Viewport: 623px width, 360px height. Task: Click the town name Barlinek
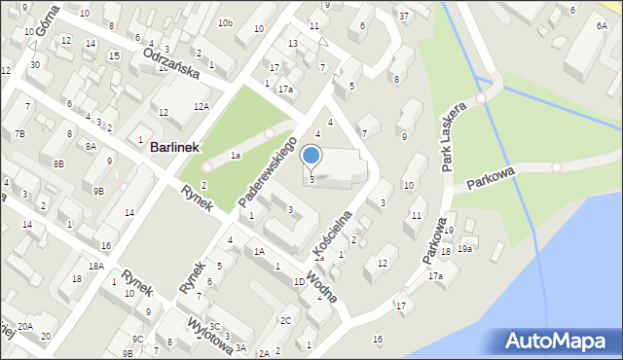[174, 148]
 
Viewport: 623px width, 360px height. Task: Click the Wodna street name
[321, 287]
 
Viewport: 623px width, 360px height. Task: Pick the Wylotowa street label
[208, 330]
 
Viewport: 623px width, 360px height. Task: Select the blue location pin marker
[311, 157]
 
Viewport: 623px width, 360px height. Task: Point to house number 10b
[226, 22]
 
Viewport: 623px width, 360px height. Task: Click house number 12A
[202, 106]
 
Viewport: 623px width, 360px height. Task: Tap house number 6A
[602, 26]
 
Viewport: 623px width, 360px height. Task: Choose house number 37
[403, 17]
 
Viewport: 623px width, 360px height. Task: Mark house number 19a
[465, 249]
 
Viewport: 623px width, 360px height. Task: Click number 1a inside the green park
[235, 156]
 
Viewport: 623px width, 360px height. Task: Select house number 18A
[95, 266]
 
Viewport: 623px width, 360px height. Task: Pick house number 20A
[24, 326]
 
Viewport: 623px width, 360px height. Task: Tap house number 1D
[299, 282]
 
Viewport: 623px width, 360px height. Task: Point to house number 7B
[19, 132]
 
